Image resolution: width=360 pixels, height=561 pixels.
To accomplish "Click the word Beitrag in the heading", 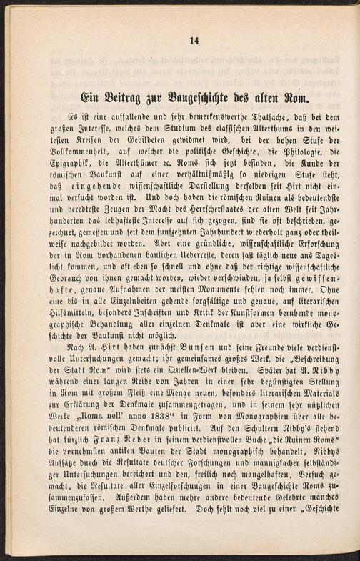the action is click(127, 95).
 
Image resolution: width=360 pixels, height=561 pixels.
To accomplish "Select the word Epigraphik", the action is click(66, 165).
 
